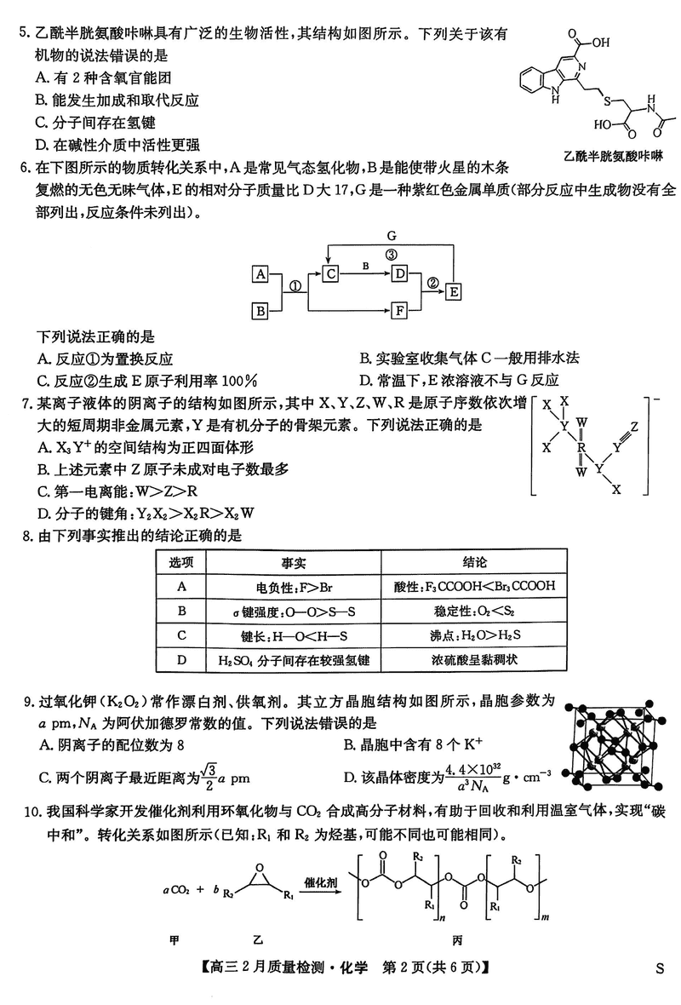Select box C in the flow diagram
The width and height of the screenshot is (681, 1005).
tap(332, 273)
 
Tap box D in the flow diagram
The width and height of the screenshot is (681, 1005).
tap(398, 273)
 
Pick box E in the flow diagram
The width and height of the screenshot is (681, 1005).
tap(454, 291)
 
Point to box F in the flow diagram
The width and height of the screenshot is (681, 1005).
tap(398, 311)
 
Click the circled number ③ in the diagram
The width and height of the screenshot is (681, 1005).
tap(391, 255)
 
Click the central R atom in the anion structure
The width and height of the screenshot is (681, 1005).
tap(581, 445)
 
